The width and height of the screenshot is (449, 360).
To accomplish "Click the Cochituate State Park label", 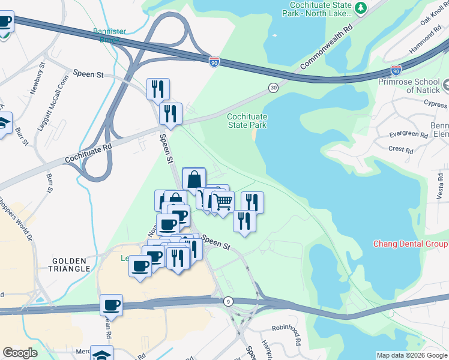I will point(246,121).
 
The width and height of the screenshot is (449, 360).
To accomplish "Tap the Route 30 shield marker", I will point(273,88).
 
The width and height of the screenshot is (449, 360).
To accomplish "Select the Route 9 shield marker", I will point(229,301).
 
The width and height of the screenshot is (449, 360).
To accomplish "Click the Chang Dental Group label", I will point(411,244).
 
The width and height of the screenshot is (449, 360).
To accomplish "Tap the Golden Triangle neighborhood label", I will point(71,266).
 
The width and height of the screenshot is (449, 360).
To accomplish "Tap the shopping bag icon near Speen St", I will point(194,179).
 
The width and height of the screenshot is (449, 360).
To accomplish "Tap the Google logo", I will point(20,353).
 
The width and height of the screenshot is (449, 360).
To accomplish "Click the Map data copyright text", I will point(412,355).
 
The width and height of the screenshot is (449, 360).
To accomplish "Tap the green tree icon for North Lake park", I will point(361,8).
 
